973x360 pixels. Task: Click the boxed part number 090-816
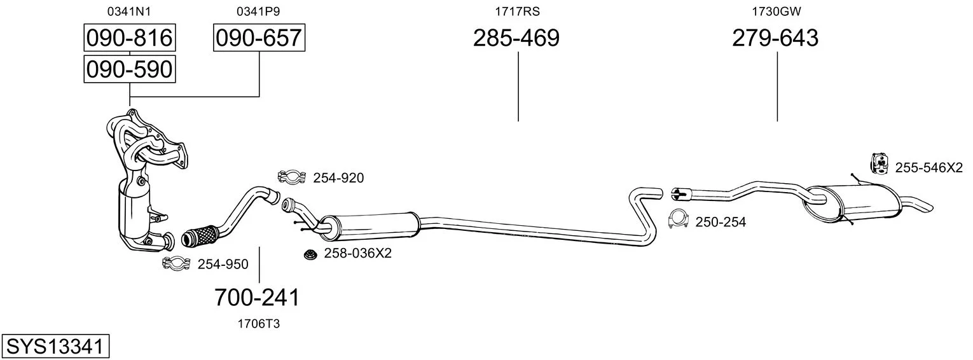[x=130, y=38]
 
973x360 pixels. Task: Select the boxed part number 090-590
[x=130, y=69]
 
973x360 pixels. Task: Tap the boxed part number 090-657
[x=259, y=38]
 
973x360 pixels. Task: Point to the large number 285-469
[x=516, y=38]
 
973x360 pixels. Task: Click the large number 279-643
[x=775, y=38]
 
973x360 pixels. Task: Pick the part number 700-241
[x=257, y=298]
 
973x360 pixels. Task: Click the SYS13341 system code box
[x=55, y=347]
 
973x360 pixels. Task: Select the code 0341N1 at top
[x=129, y=11]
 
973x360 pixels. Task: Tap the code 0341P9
[x=258, y=11]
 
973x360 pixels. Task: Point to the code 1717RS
[x=517, y=11]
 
